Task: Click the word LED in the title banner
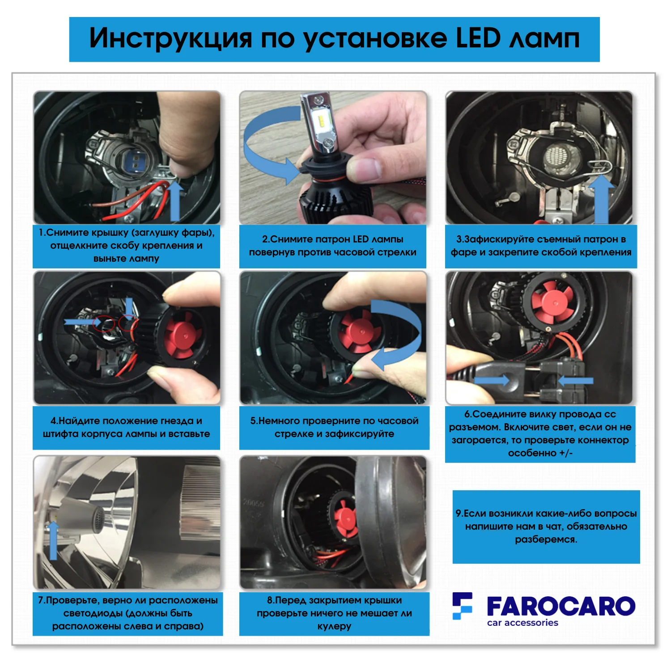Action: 478,38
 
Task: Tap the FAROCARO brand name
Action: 561,606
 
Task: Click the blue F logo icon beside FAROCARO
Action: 462,606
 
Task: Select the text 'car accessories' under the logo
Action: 522,623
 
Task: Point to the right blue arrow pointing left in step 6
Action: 576,381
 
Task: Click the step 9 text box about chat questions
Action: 546,527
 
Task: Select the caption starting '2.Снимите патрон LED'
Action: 333,246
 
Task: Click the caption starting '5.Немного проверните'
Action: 334,427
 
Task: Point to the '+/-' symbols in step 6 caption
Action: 566,453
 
